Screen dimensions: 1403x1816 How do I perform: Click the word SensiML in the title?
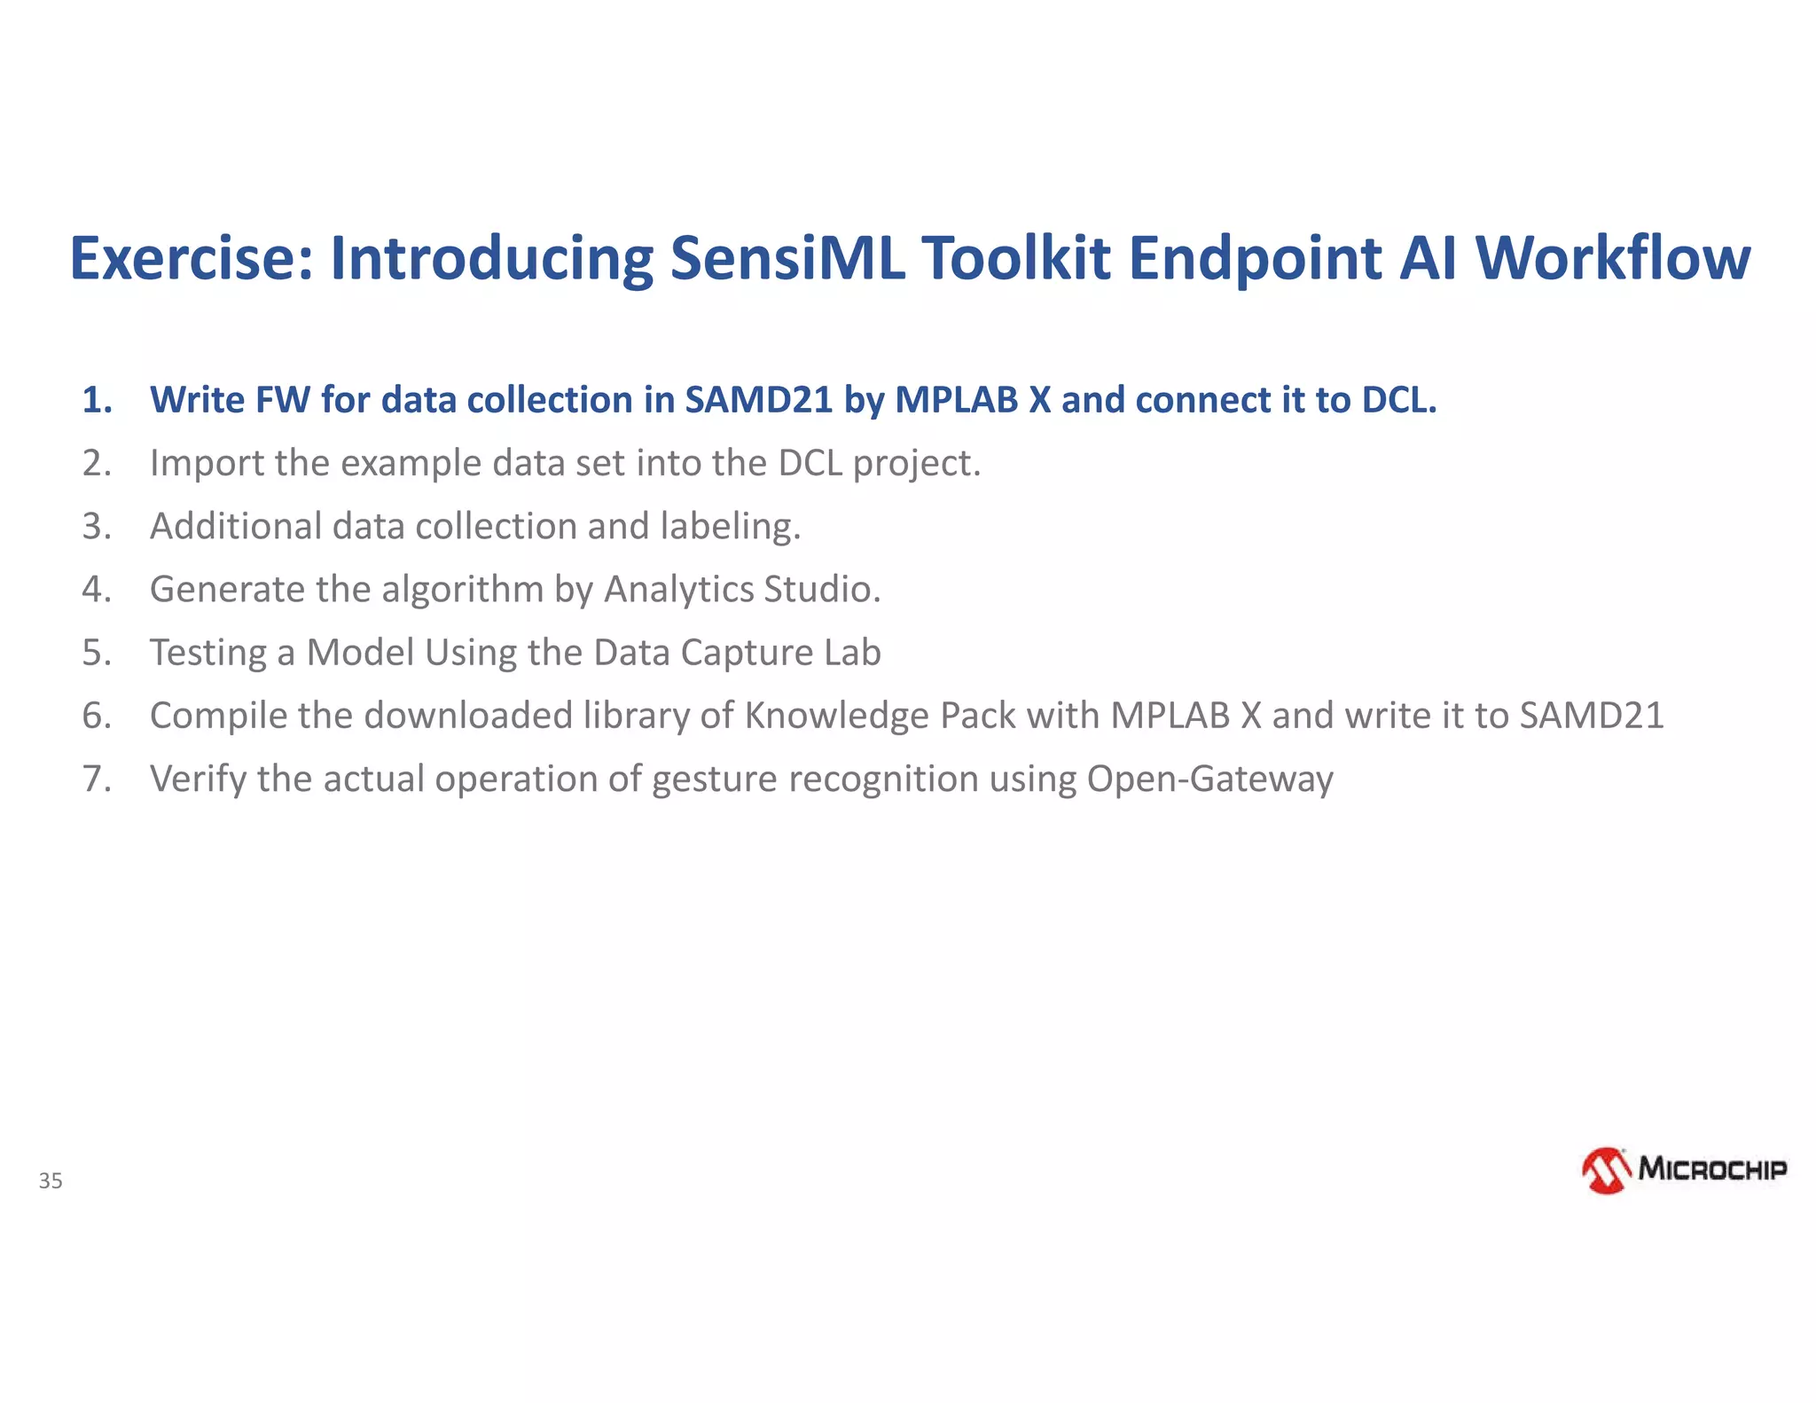pos(787,258)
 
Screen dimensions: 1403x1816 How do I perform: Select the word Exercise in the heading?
pos(192,258)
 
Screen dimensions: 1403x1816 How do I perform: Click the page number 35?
pos(51,1180)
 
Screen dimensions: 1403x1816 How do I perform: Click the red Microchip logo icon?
pos(1606,1171)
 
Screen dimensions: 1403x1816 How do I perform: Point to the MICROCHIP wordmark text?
pos(1711,1169)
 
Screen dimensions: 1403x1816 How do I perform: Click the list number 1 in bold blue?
pos(97,400)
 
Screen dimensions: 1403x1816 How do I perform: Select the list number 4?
pos(97,589)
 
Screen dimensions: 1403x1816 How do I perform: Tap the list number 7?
pos(97,779)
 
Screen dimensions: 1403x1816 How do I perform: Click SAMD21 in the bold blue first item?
pos(759,400)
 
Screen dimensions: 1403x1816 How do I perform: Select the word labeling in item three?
pos(730,527)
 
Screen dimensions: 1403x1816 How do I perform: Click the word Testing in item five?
pos(208,653)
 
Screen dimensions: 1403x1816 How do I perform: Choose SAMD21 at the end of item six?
pos(1592,716)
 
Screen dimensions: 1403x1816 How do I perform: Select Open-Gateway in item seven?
pos(1209,779)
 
